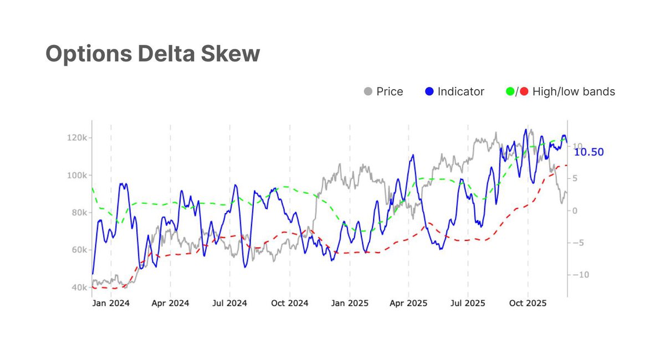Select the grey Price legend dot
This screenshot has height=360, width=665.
pos(368,91)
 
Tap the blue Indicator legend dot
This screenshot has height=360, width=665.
pos(429,91)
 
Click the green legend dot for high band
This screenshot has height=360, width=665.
pos(510,91)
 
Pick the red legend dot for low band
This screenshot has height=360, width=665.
pos(524,91)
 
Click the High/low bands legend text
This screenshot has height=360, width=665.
pos(574,91)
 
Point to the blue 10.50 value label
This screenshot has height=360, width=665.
pos(589,152)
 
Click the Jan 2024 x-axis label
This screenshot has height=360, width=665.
pos(111,304)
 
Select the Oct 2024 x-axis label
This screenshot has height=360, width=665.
pos(290,304)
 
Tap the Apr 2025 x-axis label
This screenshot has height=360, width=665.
pos(409,304)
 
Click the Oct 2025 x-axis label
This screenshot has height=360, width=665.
pos(528,304)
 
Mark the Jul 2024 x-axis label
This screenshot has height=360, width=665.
pos(229,304)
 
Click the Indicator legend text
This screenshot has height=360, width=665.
pos(461,91)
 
